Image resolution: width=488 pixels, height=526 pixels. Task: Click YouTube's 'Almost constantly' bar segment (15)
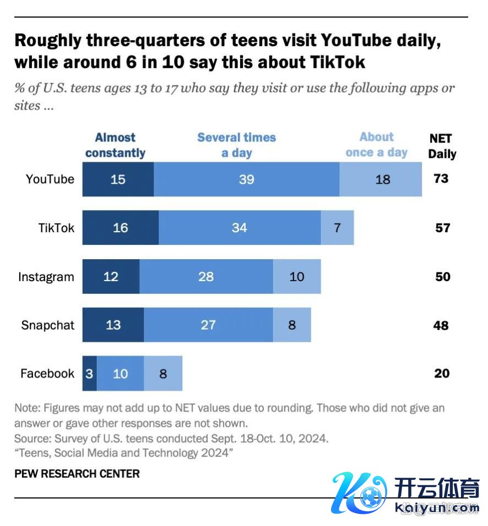tap(118, 179)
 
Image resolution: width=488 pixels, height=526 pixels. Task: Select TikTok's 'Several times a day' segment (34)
tap(240, 228)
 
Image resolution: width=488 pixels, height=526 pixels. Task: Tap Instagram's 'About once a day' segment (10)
tap(297, 276)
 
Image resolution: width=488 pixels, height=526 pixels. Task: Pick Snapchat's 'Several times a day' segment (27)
tap(208, 325)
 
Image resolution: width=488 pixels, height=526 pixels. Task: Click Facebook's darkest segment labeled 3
tap(90, 374)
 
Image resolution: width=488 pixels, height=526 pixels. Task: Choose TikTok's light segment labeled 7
tap(337, 228)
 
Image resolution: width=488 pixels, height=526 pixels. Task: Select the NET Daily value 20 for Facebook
tap(442, 374)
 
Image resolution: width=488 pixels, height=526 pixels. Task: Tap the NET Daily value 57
tap(442, 228)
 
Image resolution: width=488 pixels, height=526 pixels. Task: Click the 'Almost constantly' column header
tap(115, 145)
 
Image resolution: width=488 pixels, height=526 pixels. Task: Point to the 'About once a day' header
tap(377, 145)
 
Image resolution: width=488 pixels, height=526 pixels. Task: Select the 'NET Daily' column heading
tap(442, 146)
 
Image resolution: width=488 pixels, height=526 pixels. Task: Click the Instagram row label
tap(46, 277)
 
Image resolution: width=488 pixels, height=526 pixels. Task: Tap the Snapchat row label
tap(48, 325)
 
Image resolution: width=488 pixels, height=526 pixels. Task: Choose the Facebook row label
tap(47, 374)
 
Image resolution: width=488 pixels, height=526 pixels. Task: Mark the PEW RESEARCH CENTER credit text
tap(77, 473)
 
